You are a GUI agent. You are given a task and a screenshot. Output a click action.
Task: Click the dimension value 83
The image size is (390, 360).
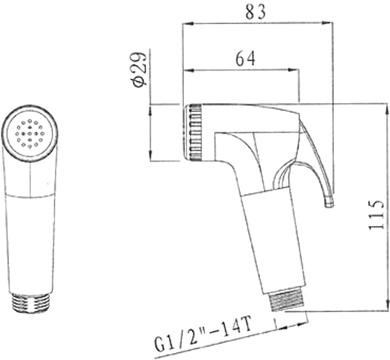click(256, 12)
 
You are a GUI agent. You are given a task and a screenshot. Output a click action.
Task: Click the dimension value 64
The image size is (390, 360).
click(245, 59)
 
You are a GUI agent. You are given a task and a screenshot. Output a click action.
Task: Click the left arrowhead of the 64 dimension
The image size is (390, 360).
click(189, 70)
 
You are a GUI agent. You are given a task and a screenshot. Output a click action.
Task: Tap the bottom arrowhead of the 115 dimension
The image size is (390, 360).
click(387, 305)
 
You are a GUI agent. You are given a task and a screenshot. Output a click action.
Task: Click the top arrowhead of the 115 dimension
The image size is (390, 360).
click(387, 110)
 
